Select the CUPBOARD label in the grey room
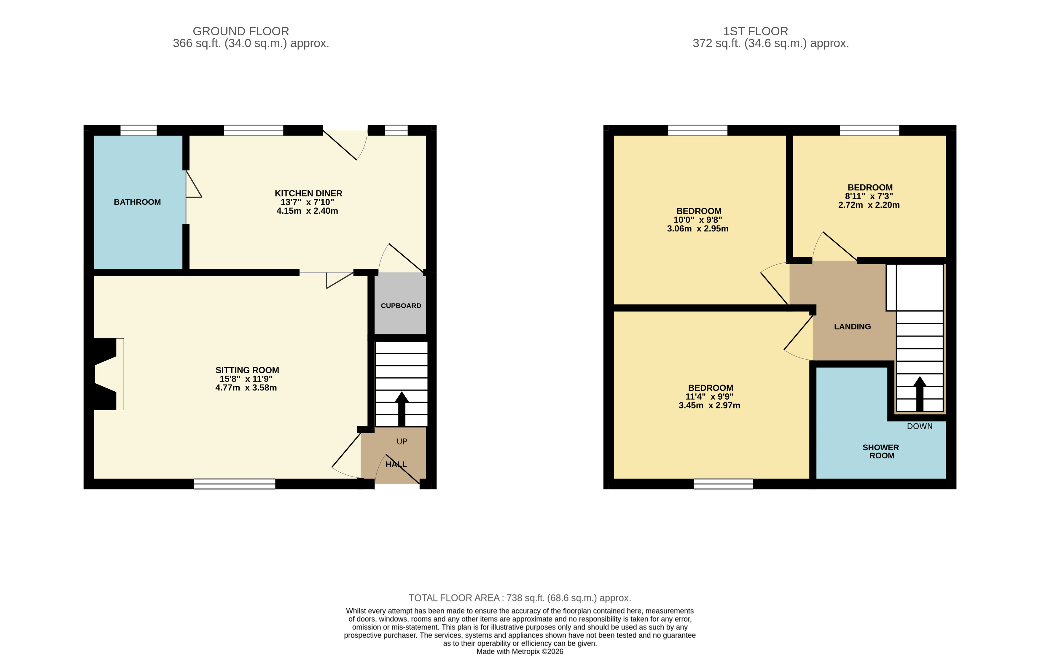pos(401,306)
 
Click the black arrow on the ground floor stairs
pos(402,408)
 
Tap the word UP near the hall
pos(402,441)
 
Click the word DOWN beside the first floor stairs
pos(920,426)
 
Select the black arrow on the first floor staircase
pos(920,393)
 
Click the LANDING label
pos(852,327)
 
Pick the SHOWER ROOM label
pos(881,451)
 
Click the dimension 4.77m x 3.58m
pos(246,387)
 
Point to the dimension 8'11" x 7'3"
pos(869,196)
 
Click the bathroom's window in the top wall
pos(138,130)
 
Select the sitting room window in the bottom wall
pos(235,484)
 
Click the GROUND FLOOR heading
pos(241,31)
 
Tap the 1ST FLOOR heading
pos(755,31)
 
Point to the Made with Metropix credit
pos(520,651)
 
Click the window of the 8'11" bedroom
pos(869,130)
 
